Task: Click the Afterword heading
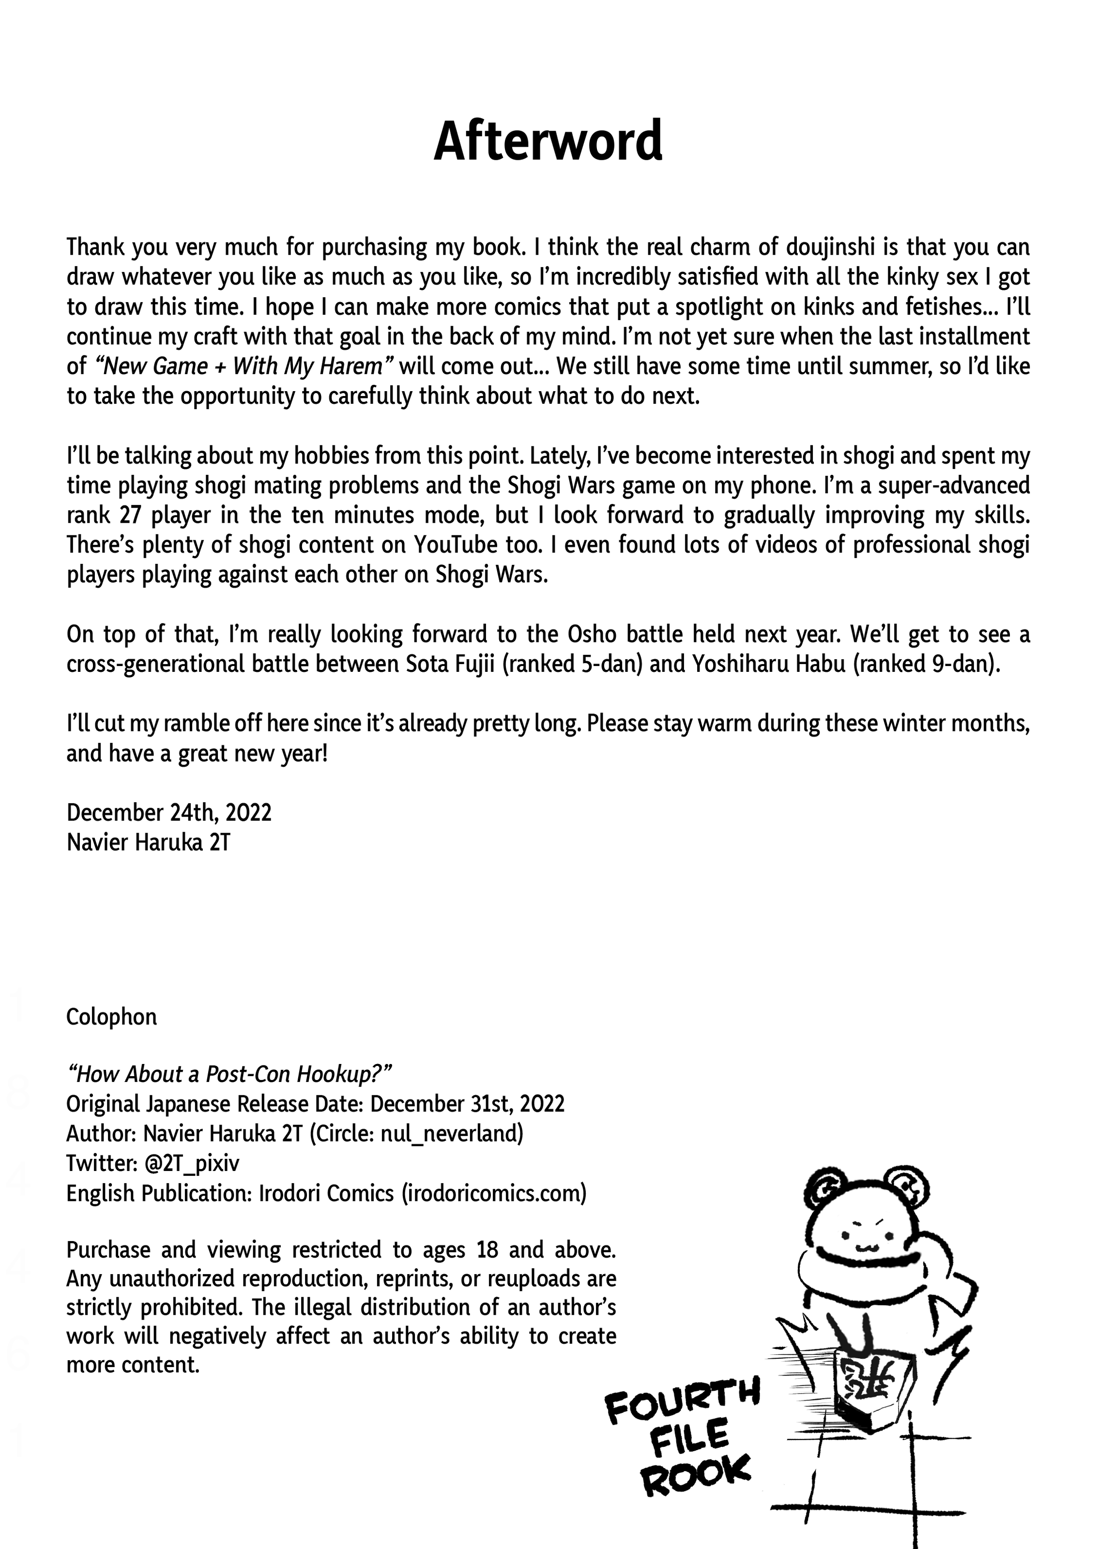548,140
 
